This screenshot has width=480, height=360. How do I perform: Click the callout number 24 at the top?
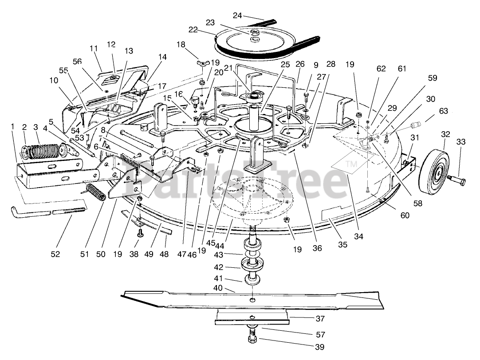click(237, 16)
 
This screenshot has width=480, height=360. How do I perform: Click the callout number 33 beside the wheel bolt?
click(461, 142)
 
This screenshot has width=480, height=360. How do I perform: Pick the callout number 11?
click(93, 48)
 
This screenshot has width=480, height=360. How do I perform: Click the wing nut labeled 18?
click(201, 63)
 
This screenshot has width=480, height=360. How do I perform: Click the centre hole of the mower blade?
click(252, 301)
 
